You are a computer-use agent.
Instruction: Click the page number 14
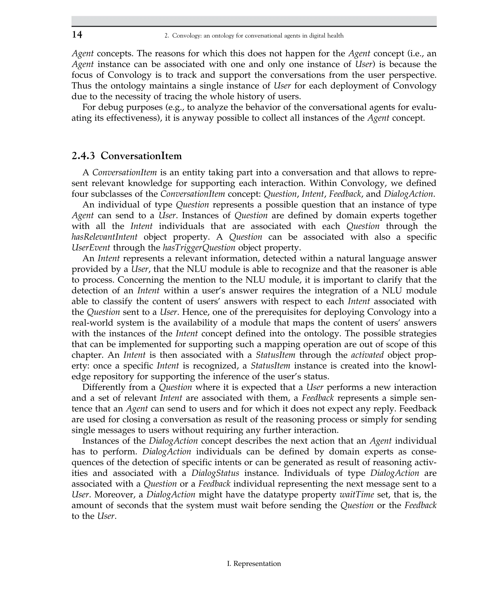(x=77, y=35)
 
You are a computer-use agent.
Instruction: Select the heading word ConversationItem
(x=141, y=156)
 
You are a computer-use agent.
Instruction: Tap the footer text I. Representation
(x=254, y=563)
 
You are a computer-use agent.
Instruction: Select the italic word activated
(x=367, y=355)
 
